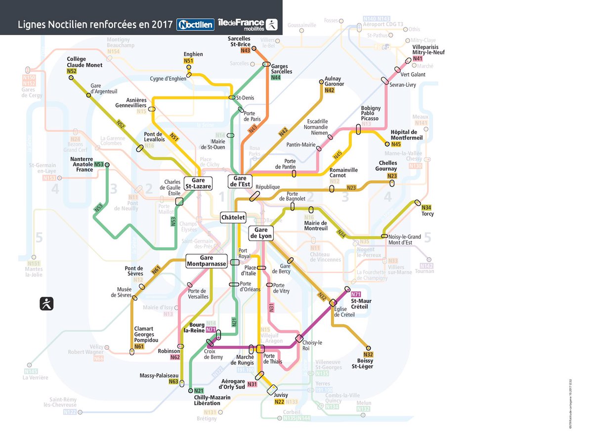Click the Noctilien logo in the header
[196, 24]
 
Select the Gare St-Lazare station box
[198, 183]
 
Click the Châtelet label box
[233, 217]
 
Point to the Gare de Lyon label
[260, 233]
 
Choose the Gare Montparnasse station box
[206, 261]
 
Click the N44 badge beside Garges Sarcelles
[275, 78]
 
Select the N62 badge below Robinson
[175, 357]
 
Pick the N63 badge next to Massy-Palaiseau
[173, 381]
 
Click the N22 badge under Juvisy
[279, 402]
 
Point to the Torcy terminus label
[427, 214]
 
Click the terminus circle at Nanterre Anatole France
[107, 165]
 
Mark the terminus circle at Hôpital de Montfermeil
[387, 144]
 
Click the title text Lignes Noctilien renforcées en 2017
[94, 24]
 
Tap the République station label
[267, 187]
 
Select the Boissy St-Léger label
[362, 363]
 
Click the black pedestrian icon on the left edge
[47, 304]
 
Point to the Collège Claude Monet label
[85, 62]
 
